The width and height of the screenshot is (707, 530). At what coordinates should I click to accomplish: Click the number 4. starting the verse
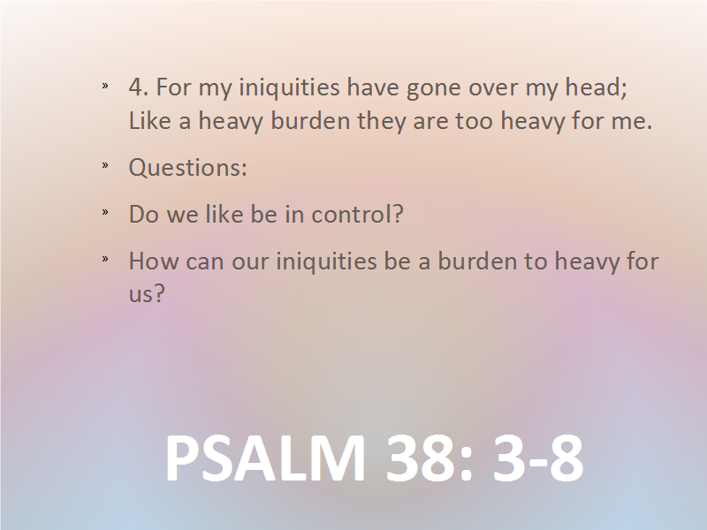(139, 87)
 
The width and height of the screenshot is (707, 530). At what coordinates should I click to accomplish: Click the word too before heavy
(474, 122)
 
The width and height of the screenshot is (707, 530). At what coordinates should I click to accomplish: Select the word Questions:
(188, 168)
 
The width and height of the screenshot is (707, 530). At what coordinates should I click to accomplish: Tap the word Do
(144, 214)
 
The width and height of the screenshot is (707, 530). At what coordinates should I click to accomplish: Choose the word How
(153, 261)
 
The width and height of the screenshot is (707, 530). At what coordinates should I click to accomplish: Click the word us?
(147, 294)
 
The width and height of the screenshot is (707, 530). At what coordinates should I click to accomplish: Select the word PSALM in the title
(265, 458)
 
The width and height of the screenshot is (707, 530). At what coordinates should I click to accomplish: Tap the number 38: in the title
(430, 458)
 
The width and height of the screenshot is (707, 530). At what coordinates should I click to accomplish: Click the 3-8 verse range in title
(538, 458)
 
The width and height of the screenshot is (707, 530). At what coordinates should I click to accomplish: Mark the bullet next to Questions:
(105, 165)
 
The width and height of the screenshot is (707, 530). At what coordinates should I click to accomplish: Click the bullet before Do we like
(105, 211)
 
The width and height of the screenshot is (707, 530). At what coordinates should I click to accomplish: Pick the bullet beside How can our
(105, 259)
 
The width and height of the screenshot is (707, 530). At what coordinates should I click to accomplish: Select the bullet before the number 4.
(105, 85)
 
